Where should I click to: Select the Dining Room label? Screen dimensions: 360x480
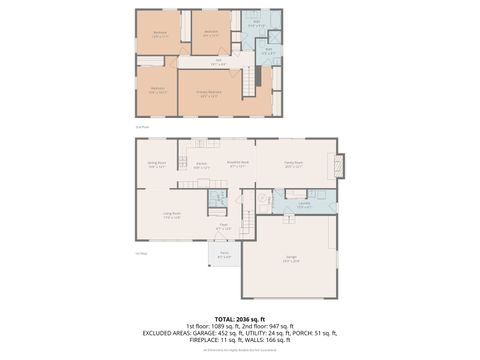[x=157, y=165]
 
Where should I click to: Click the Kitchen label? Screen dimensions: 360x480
[x=201, y=165]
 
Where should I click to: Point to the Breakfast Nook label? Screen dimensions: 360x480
[x=238, y=165]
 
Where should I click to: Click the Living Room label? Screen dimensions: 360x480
[x=172, y=213]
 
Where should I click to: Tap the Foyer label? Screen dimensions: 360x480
[x=226, y=227]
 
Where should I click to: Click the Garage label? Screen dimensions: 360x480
[x=291, y=258]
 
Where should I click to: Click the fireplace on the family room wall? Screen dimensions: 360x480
[x=342, y=165]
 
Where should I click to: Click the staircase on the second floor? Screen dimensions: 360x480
[x=261, y=75]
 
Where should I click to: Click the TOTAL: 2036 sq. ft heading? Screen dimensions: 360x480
[x=240, y=318]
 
